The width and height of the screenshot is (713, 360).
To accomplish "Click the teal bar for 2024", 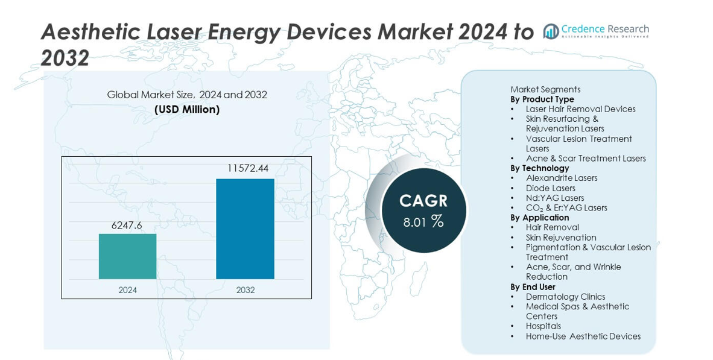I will coord(127,256).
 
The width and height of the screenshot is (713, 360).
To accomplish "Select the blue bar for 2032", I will coord(245,229).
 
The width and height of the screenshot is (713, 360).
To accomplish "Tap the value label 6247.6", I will coord(127,224).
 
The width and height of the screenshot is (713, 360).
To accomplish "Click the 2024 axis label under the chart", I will coord(127,290).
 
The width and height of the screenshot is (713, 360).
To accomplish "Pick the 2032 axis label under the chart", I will coord(245,290).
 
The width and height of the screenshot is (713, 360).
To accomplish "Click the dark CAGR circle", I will coord(423,210).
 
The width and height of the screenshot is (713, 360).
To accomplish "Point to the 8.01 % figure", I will coord(423,222).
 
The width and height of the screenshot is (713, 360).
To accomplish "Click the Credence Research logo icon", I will coord(551,31).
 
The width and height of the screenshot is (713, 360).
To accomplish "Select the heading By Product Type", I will coord(542,99).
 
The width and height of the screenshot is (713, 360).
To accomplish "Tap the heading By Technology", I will coord(539,168).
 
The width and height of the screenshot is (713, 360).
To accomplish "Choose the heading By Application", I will coord(539,218).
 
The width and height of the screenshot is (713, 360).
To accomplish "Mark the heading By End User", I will coord(533,287).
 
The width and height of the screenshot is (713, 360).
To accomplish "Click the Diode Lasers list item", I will coord(550,188).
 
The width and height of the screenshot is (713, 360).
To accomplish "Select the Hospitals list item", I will coord(543,326).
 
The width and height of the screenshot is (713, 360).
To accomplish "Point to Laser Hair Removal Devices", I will coord(580,109).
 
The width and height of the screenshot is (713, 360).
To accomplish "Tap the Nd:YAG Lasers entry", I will coord(554,198).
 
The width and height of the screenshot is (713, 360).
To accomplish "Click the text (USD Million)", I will coord(187,110).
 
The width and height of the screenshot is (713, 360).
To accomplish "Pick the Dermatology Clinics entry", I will coord(565,297).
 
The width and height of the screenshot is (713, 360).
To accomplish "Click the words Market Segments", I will coord(545,89).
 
